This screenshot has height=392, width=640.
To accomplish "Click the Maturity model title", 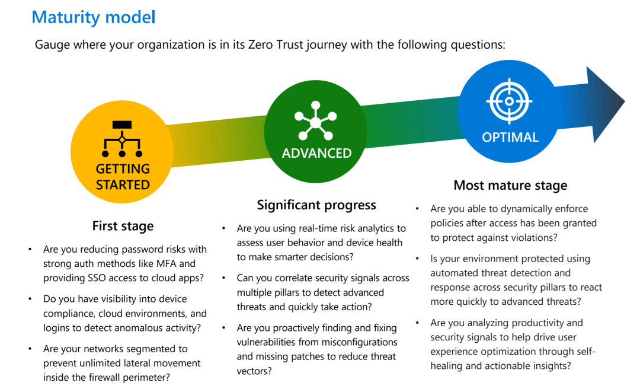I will point(94,17).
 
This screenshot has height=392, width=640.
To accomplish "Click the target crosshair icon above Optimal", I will point(509,101).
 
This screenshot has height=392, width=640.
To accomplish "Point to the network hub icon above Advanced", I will point(316,122).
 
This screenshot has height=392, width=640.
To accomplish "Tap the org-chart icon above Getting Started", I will point(122,139).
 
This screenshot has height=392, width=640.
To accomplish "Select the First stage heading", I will point(123,226).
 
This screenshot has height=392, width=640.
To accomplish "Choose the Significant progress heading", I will point(316,205).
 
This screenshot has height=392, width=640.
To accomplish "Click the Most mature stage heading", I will point(510,186).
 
